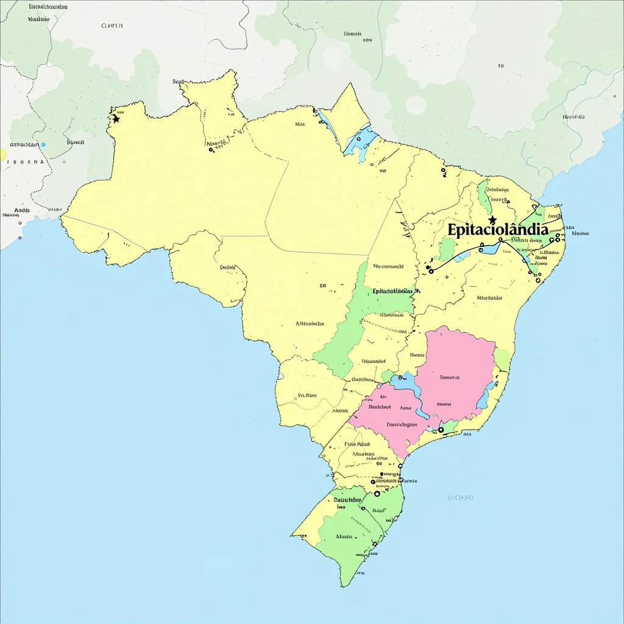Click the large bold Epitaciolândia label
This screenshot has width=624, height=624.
pos(497,230)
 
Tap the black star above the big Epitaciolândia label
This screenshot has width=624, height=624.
pos(492,219)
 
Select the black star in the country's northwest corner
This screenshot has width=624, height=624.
pos(116,119)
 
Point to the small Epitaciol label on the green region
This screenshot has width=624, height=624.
pos(392,291)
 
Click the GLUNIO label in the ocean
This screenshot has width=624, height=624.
pos(460,497)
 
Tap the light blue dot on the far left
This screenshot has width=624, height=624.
pos(43,144)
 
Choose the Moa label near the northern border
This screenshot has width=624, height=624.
pos(300,124)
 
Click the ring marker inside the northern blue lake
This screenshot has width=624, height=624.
pos(358,139)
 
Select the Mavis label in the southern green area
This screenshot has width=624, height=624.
pos(344,536)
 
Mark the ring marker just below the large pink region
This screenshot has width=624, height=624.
pos(441,429)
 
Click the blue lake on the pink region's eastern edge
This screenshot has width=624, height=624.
pos(483,399)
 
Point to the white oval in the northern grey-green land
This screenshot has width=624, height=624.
pos(416,105)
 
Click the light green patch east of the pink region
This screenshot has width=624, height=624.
pos(503,358)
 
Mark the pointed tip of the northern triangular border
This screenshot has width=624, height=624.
pos(349,83)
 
